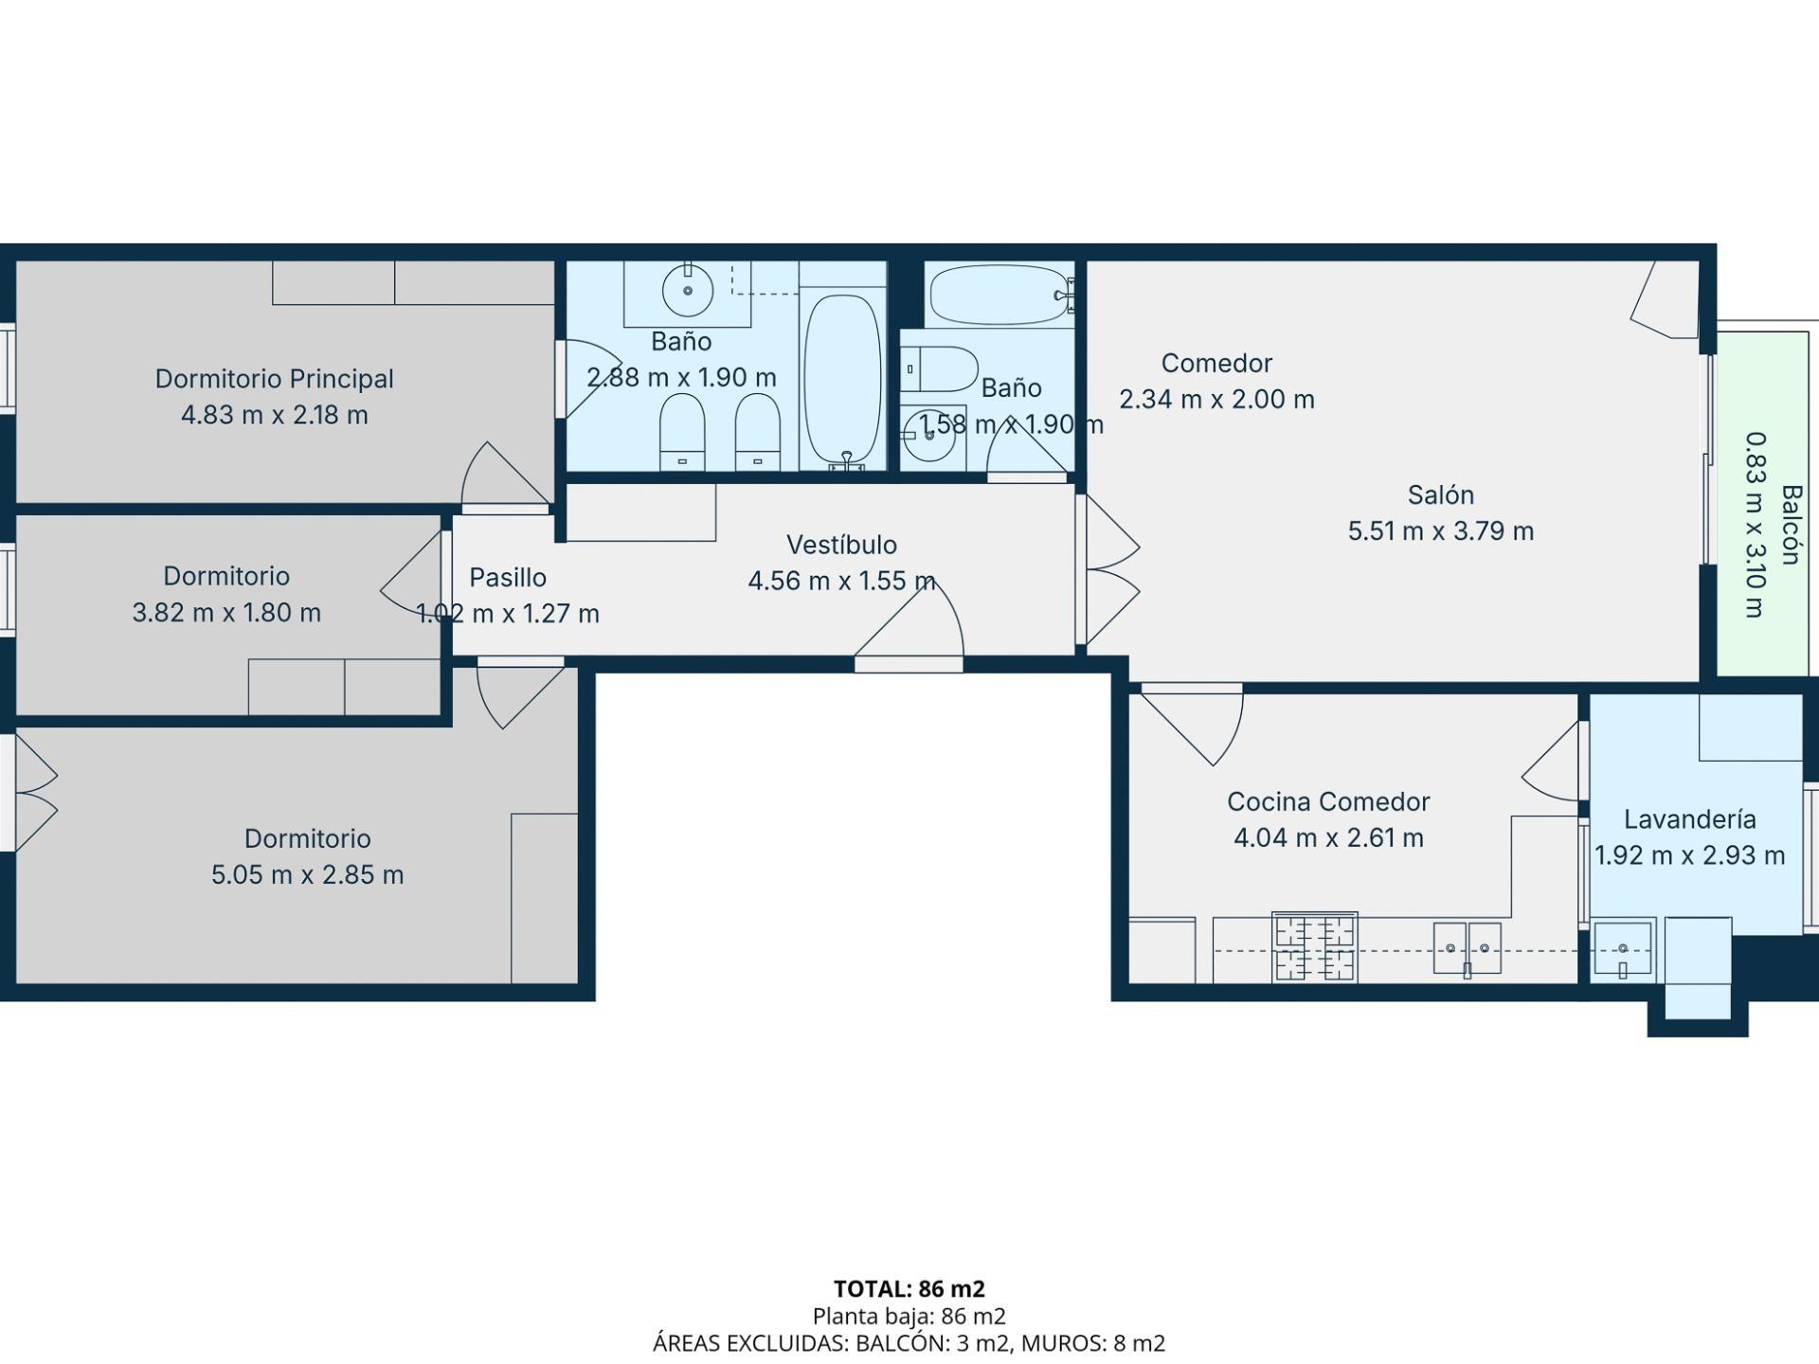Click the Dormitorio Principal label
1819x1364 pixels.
click(274, 379)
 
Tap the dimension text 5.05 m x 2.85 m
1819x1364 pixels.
click(307, 874)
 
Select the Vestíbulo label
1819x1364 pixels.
click(841, 545)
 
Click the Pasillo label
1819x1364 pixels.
click(508, 577)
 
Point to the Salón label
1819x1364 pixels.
click(1440, 494)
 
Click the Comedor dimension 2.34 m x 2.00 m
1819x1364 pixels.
click(1216, 399)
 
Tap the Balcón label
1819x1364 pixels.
click(1790, 525)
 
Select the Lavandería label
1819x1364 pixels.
click(1689, 818)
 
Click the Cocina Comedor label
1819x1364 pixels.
click(1328, 801)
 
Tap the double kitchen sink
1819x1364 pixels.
click(1467, 947)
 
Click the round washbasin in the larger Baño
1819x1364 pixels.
click(687, 291)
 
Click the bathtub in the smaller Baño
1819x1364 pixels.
click(1000, 295)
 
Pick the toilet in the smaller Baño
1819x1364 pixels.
click(940, 369)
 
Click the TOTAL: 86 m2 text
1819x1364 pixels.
click(909, 1288)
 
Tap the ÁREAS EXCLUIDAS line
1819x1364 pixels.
click(909, 1343)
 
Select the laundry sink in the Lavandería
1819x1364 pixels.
click(1622, 947)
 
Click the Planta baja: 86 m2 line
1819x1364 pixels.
click(909, 1316)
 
